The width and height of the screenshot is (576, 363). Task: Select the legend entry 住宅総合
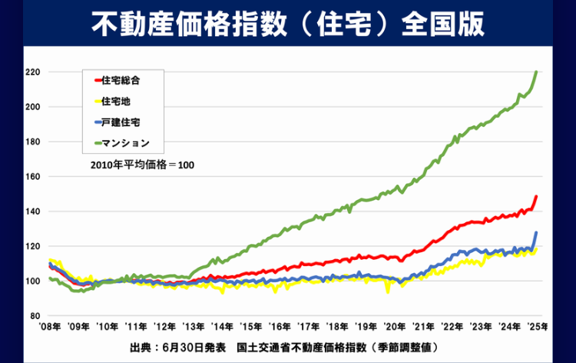121,79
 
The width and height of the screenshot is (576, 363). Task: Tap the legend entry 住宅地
116,100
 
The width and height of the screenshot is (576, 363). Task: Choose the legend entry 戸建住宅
121,121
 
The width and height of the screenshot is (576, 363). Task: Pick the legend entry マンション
125,142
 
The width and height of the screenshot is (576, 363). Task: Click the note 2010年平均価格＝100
141,166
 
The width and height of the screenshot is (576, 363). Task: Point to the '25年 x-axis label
537,326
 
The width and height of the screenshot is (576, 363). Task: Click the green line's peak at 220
536,72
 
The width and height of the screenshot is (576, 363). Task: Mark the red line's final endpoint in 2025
536,196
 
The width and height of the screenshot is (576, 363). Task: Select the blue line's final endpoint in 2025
536,232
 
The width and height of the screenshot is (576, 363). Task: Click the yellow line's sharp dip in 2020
387,291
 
